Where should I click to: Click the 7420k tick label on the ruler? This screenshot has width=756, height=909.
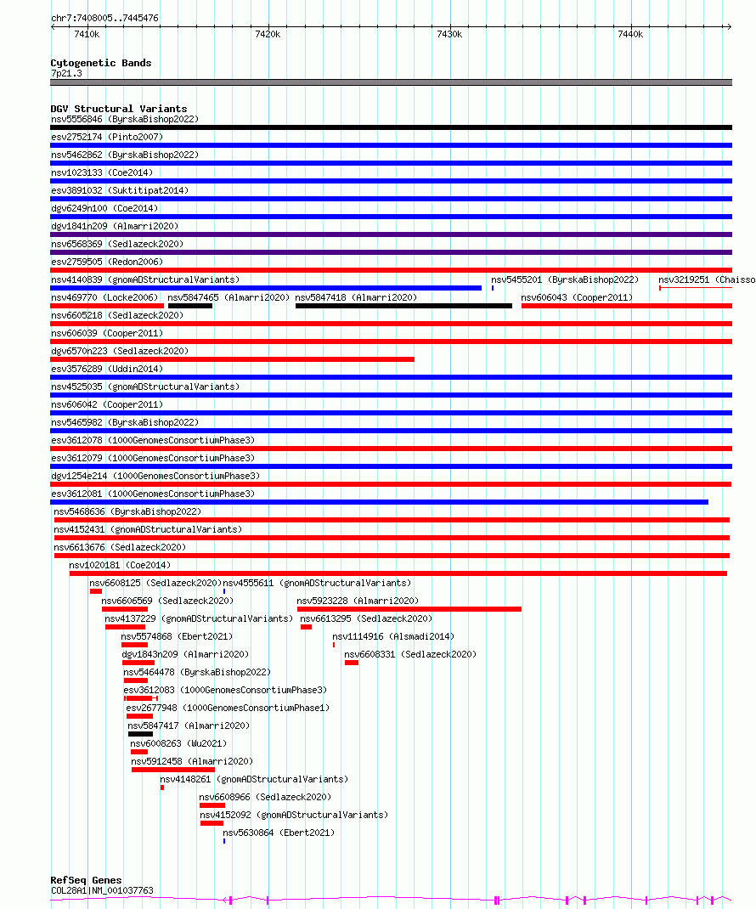268,34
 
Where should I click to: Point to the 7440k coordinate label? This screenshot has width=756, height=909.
630,34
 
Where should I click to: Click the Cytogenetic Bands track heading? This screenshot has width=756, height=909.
101,63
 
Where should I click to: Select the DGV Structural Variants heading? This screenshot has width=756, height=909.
118,109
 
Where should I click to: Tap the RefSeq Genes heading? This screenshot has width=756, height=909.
86,880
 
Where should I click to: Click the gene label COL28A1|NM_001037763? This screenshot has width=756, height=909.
102,890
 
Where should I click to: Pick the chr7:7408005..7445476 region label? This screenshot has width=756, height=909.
104,18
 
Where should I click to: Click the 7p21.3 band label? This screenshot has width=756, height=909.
66,74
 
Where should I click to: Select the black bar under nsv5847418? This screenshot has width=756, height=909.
403,306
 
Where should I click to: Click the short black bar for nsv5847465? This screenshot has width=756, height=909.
190,306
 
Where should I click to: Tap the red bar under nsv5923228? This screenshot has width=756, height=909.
409,609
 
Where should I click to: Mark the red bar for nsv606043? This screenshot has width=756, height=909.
626,306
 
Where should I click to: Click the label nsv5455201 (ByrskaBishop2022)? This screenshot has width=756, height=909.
564,279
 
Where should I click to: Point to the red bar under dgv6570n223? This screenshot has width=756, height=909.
232,359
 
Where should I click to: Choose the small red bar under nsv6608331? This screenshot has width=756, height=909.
352,663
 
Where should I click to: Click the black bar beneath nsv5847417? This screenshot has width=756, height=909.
140,734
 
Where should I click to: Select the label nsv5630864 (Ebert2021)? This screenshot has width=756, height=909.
279,833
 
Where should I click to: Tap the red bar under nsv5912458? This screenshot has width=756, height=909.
173,770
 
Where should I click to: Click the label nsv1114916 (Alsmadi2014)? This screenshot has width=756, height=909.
392,636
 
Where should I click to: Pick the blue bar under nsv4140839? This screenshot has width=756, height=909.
265,288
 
